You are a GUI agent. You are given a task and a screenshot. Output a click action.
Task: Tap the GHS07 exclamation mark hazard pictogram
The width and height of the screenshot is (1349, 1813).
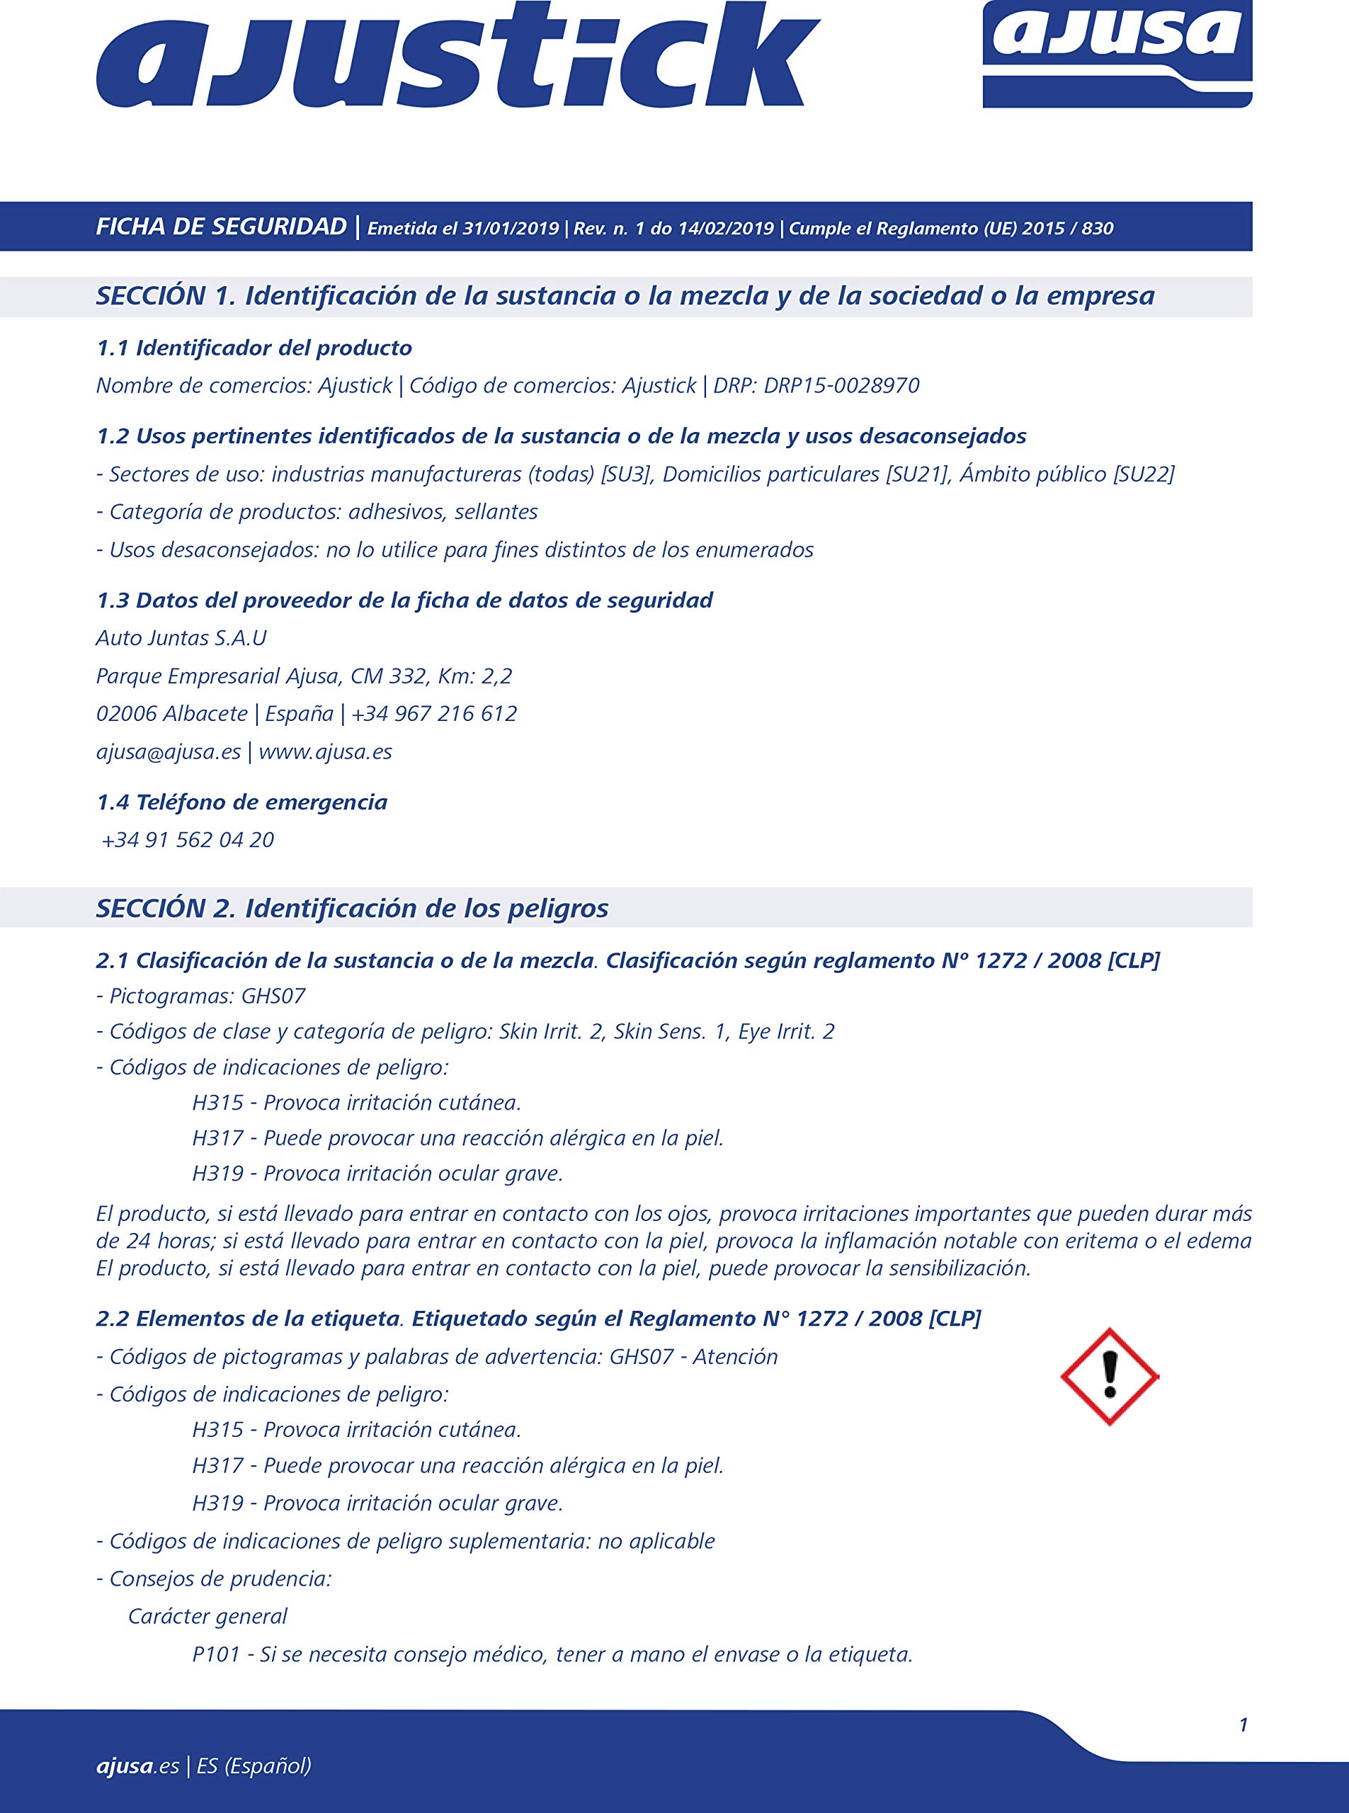pyautogui.click(x=1109, y=1376)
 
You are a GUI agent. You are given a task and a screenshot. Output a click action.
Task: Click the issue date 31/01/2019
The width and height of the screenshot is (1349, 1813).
pyautogui.click(x=511, y=229)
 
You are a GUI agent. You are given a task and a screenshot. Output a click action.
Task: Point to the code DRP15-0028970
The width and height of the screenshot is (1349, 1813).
pyautogui.click(x=841, y=385)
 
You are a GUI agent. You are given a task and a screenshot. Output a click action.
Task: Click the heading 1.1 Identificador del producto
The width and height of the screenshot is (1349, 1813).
pyautogui.click(x=254, y=348)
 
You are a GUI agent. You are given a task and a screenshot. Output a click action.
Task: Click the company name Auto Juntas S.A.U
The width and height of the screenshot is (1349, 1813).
pyautogui.click(x=181, y=638)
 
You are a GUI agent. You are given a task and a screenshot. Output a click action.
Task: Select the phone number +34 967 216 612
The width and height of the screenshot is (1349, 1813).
pyautogui.click(x=434, y=714)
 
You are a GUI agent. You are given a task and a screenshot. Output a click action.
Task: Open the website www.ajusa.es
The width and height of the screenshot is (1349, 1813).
pyautogui.click(x=325, y=751)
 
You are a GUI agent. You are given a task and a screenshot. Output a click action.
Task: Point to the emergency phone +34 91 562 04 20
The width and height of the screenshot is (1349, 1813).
pyautogui.click(x=188, y=839)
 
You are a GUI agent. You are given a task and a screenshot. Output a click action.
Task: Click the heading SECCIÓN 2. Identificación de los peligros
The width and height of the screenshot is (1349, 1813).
pyautogui.click(x=352, y=908)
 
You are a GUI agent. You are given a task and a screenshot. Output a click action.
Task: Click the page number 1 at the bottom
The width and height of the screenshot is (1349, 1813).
pyautogui.click(x=1243, y=1724)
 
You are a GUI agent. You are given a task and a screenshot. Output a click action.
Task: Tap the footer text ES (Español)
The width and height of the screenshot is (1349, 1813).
pyautogui.click(x=254, y=1766)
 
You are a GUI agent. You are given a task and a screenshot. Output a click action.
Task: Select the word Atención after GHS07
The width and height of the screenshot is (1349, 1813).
pyautogui.click(x=735, y=1356)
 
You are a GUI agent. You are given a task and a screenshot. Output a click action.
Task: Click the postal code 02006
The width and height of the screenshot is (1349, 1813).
pyautogui.click(x=127, y=714)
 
